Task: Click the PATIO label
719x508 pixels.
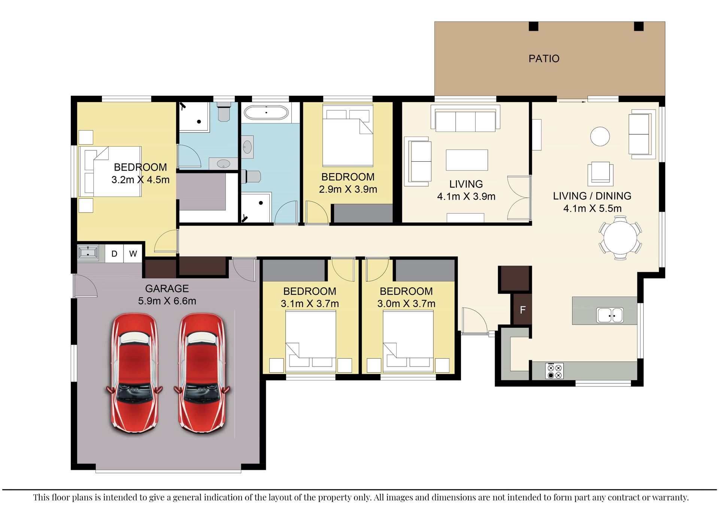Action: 544,59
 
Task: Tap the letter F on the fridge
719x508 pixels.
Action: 523,310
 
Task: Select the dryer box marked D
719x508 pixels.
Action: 114,254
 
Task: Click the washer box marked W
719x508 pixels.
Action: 133,254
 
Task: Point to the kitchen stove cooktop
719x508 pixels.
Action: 554,371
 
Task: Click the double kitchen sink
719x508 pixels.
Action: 610,315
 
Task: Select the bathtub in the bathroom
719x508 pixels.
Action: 266,112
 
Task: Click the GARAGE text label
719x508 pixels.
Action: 167,289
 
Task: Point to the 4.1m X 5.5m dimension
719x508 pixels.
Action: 592,208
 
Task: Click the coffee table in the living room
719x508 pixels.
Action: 467,160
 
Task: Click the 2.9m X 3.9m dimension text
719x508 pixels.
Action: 348,189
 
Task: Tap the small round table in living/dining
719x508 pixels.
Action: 600,136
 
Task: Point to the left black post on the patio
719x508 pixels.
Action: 533,27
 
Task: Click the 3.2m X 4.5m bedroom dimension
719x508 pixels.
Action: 140,180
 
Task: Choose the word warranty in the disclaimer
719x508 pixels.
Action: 670,498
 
